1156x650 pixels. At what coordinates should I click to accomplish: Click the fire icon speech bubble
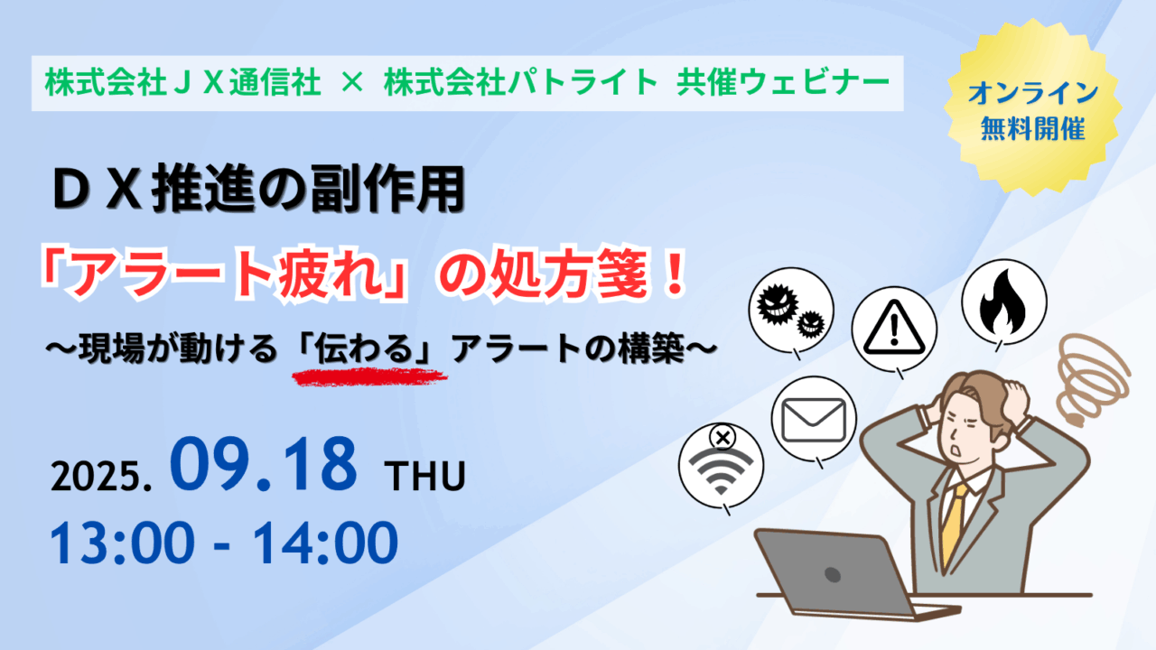click(1003, 302)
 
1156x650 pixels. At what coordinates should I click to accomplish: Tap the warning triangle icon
click(894, 328)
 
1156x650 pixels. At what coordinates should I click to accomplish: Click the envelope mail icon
click(814, 421)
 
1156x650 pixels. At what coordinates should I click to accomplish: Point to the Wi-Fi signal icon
click(721, 470)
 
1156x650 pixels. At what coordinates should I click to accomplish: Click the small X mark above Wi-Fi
click(722, 438)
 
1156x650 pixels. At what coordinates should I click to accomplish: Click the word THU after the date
click(424, 476)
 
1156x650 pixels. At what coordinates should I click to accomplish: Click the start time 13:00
click(122, 543)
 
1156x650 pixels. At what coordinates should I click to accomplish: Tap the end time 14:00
click(325, 543)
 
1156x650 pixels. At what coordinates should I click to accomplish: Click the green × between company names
click(352, 82)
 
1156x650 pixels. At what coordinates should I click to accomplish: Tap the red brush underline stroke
click(369, 376)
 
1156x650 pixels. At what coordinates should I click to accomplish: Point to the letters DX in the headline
click(97, 190)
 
